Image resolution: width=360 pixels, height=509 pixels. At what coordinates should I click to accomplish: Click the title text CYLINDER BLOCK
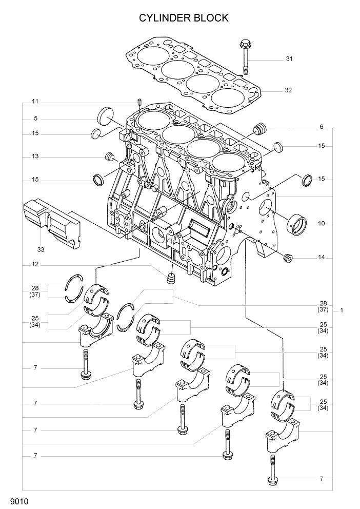(184, 18)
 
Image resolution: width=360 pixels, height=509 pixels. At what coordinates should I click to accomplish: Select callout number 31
(289, 59)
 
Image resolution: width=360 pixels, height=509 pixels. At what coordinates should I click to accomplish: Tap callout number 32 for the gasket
(288, 90)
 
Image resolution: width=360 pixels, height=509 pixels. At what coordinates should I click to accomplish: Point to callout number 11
(35, 101)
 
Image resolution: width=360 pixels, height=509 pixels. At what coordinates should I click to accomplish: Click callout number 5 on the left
(35, 119)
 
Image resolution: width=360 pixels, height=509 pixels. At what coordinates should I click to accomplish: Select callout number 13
(35, 156)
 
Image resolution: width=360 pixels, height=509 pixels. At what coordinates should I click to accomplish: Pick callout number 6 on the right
(321, 127)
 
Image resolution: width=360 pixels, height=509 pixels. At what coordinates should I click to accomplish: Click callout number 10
(321, 224)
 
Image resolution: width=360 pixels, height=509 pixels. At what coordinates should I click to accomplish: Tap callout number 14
(321, 257)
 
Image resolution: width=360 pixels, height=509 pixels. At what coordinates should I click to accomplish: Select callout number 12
(35, 265)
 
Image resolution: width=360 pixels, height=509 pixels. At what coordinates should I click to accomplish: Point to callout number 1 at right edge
(342, 310)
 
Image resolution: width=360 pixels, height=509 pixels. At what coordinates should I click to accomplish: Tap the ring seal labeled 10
(297, 224)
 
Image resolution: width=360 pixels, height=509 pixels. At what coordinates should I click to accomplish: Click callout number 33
(41, 250)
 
